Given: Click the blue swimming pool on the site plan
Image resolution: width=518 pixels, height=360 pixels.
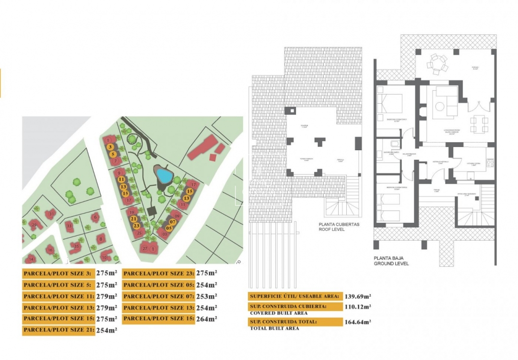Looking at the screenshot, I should [x=164, y=175].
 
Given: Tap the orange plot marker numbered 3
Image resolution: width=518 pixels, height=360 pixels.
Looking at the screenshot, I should [x=110, y=147].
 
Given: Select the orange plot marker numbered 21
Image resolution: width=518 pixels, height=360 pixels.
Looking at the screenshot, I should [x=134, y=218].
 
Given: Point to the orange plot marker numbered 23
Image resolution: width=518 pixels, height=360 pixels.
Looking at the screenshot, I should [x=137, y=225].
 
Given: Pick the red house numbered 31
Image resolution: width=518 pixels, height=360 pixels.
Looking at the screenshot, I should [x=52, y=213].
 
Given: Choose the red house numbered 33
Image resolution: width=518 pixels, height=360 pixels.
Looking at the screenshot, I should [x=70, y=225].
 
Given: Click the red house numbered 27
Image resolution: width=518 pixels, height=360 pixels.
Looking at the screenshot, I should [x=145, y=248].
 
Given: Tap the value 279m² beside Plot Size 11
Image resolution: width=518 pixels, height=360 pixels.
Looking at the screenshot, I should [x=106, y=296].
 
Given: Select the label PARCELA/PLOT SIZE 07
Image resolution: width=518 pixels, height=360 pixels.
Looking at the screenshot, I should [x=158, y=296].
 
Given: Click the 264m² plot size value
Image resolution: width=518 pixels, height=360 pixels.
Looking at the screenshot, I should [x=207, y=319].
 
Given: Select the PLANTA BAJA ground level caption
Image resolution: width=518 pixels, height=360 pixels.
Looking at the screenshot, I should [x=391, y=261].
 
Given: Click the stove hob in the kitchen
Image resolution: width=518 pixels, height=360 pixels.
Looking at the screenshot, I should [x=490, y=163].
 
